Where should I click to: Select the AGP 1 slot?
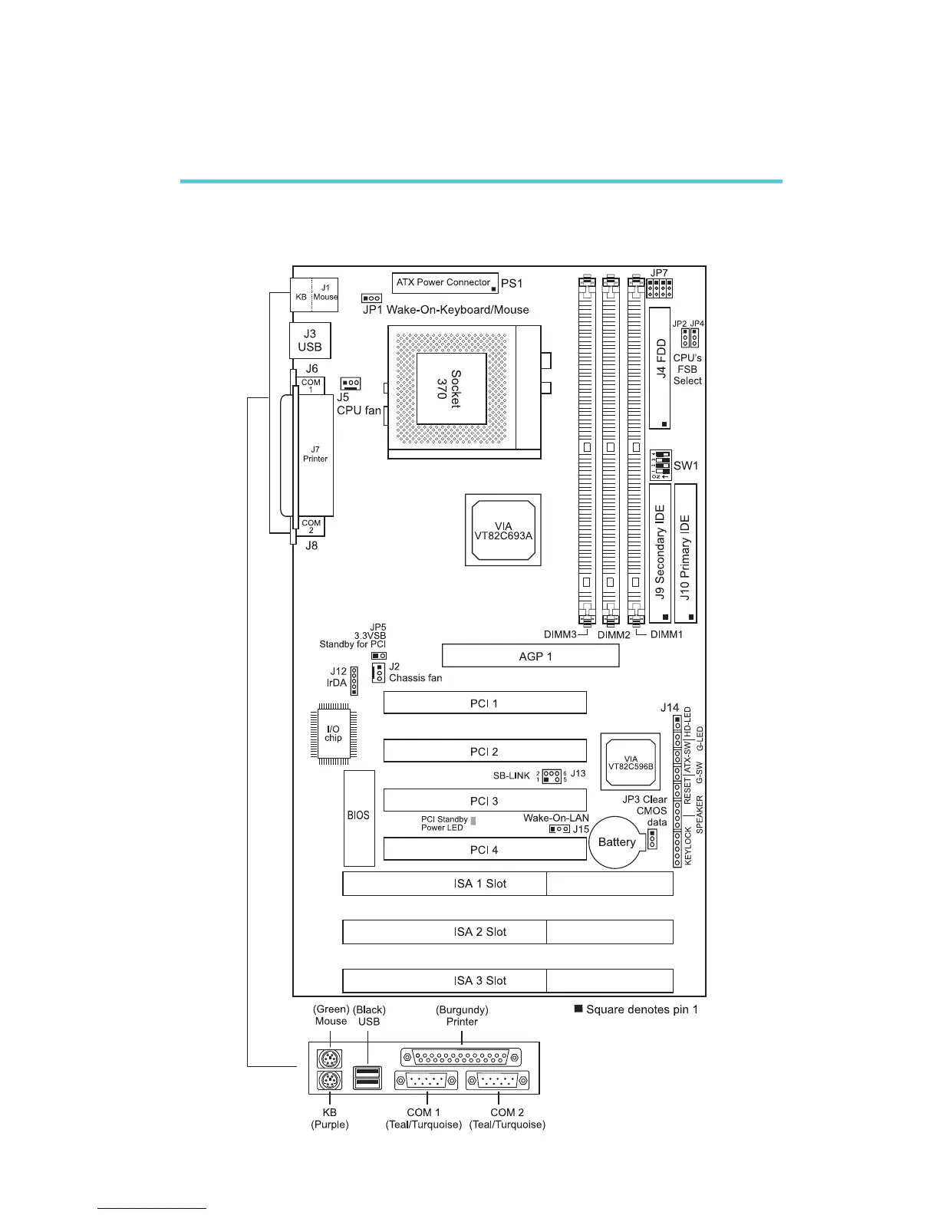[x=531, y=656]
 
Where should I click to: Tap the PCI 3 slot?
[x=485, y=801]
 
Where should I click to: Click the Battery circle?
[x=617, y=841]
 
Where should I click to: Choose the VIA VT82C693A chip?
[x=503, y=530]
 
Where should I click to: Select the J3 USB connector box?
[x=310, y=341]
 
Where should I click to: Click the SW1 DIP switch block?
[x=661, y=465]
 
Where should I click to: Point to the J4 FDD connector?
[x=661, y=368]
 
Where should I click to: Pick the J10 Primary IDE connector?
[x=685, y=553]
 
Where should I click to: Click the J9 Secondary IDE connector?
[x=661, y=553]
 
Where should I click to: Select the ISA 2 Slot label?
[x=480, y=932]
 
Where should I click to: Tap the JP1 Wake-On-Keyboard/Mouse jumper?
[x=372, y=298]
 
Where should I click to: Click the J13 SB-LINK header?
[x=551, y=776]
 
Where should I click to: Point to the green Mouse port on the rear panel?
[x=330, y=1059]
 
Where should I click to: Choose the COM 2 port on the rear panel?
[x=497, y=1081]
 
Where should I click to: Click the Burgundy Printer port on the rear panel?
[x=460, y=1058]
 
